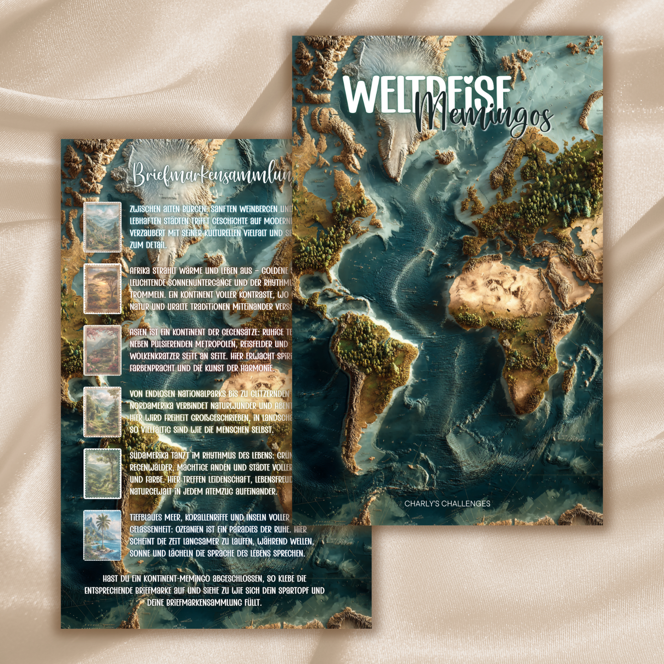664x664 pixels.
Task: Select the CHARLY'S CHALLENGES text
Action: [x=447, y=504]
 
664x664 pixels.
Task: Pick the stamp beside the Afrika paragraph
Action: [x=102, y=289]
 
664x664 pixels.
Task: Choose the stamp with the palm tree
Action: [x=102, y=535]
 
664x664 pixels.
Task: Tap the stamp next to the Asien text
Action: [x=102, y=351]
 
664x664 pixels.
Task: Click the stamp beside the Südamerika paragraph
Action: [x=102, y=474]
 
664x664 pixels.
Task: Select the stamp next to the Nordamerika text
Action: [x=102, y=412]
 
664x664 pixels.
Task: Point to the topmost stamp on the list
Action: [x=102, y=227]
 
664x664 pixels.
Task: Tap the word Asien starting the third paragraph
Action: [x=138, y=332]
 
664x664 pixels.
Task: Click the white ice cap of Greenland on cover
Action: [x=391, y=60]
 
